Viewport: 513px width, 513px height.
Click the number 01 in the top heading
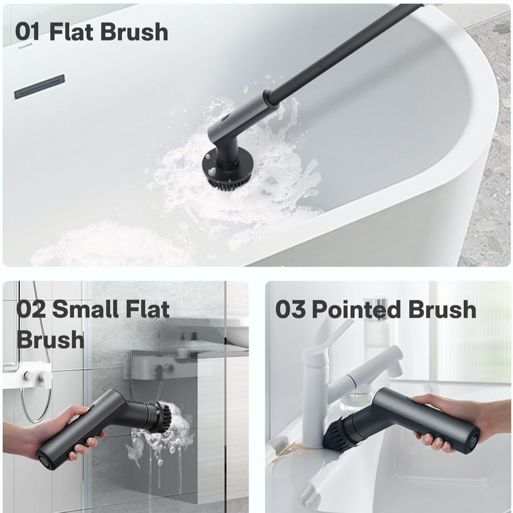click(x=27, y=32)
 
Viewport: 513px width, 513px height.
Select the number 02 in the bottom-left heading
click(x=31, y=309)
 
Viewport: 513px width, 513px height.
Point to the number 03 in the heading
click(x=290, y=309)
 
